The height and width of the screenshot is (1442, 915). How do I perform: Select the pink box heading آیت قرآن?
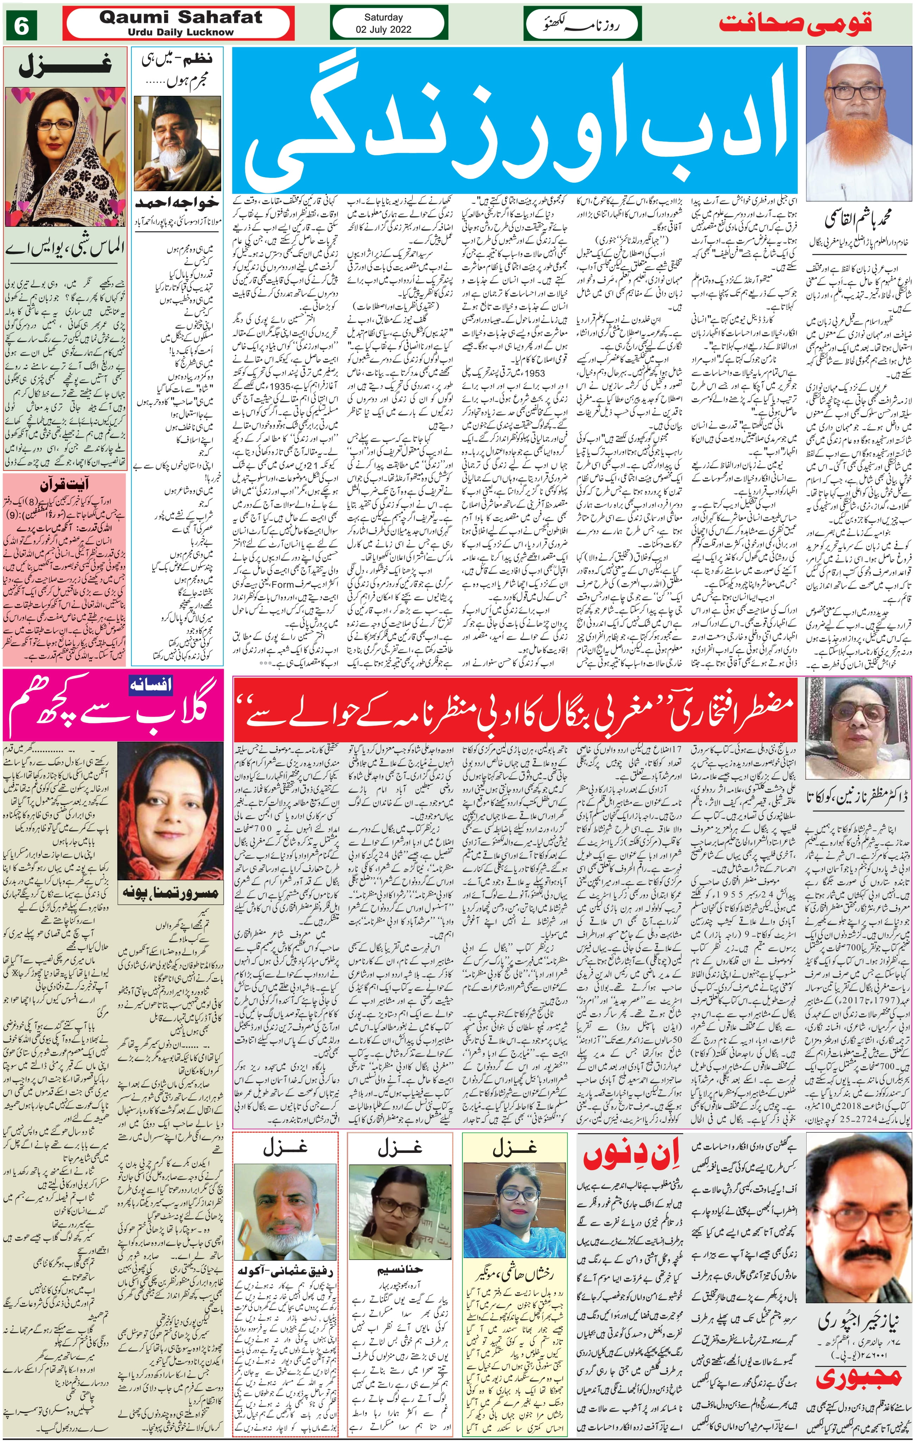(65, 485)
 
